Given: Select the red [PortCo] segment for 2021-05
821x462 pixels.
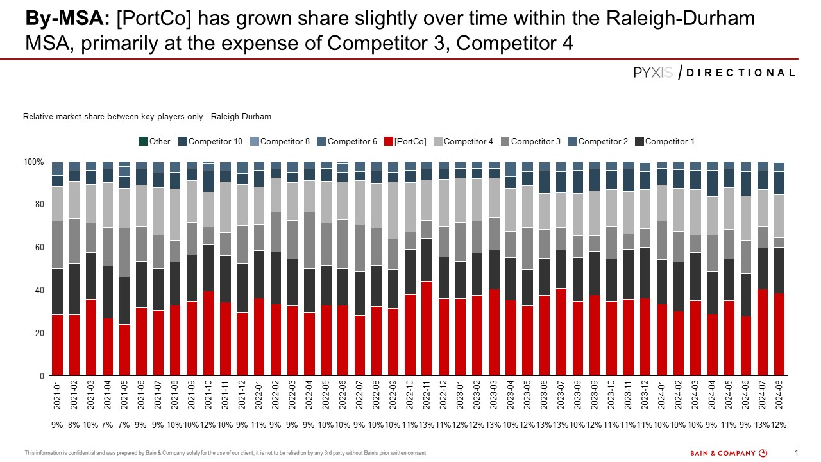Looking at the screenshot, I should (x=124, y=350).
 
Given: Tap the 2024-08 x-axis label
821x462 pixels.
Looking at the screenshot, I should (x=779, y=396).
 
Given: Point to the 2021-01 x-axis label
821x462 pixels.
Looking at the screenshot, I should (x=58, y=396).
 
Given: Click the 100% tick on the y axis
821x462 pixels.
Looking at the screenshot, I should (x=34, y=162).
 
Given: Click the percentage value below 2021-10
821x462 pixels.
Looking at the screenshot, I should (x=208, y=425).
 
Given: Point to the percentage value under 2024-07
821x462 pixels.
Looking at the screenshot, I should (x=762, y=425).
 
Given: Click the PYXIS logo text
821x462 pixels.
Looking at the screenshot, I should (x=653, y=73).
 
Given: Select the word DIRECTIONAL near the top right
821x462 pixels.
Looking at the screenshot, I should (x=741, y=73).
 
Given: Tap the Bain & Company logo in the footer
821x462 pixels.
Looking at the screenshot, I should (x=728, y=453).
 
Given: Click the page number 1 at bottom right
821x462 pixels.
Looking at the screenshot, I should (x=796, y=453).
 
